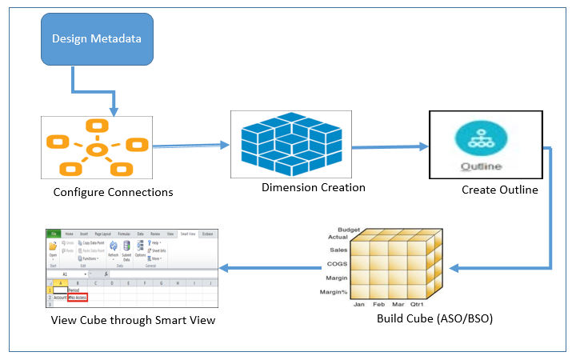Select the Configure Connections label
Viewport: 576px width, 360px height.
113,192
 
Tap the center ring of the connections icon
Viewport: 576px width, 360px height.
97,150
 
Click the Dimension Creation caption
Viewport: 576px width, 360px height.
314,187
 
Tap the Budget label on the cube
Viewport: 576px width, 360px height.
351,229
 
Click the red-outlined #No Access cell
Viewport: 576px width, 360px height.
78,297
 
